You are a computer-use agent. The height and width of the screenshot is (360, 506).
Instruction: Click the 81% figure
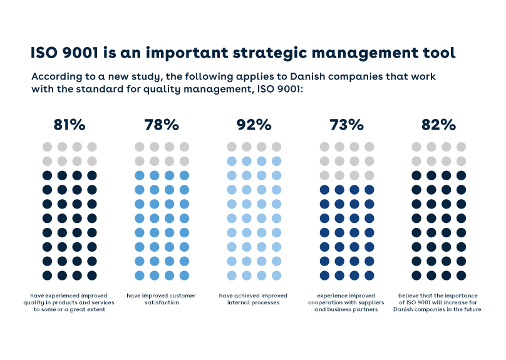[x=69, y=125]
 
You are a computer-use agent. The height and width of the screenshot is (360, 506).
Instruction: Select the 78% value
[x=162, y=125]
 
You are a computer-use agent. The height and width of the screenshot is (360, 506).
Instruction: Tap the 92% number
[x=254, y=125]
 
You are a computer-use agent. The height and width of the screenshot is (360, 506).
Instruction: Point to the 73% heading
[x=346, y=125]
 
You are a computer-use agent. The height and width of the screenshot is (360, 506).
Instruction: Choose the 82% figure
[x=438, y=125]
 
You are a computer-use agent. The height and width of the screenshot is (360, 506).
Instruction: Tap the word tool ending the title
[x=438, y=53]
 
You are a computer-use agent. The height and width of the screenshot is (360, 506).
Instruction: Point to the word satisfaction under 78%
[x=161, y=302]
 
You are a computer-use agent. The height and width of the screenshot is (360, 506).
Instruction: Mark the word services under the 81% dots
[x=95, y=302]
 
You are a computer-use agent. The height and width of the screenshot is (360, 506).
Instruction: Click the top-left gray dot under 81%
[x=47, y=147]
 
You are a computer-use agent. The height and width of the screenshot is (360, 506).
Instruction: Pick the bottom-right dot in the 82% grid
[x=462, y=275]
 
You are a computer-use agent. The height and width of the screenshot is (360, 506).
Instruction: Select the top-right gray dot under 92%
[x=277, y=147]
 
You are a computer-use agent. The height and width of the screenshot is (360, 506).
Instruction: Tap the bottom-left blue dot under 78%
[x=140, y=275]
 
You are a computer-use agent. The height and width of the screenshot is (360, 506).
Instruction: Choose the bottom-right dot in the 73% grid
[x=369, y=275]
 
